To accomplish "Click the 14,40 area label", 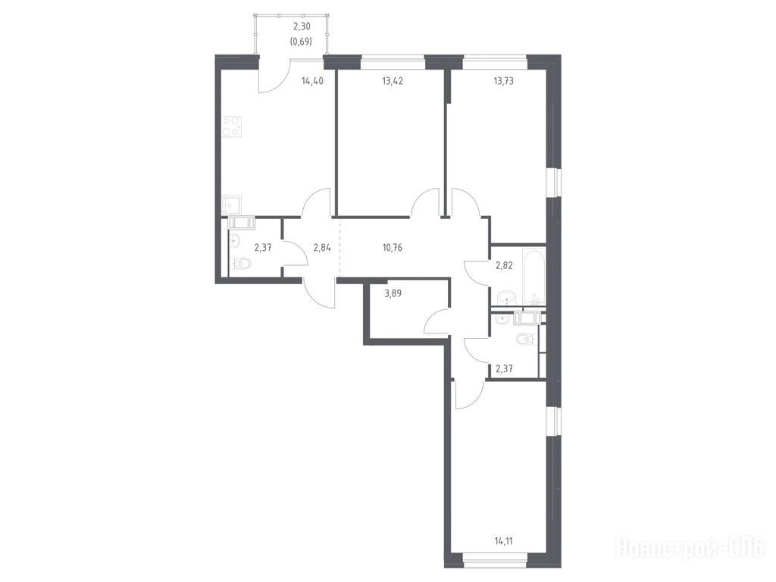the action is pos(312,81).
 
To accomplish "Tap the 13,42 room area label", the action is pos(392,81).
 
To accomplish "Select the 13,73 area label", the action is pos(503,81).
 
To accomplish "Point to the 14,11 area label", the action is pos(503,541).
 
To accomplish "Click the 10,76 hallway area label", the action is pos(392,248).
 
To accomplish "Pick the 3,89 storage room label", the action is pos(393,293).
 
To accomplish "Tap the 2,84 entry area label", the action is pos(322,248).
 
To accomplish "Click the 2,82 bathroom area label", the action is pos(504,265).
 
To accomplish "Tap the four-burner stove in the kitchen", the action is pos(232,126).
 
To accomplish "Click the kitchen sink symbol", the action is pos(231,205).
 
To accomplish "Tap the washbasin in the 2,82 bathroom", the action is pos(505,297).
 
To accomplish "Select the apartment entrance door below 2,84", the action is pos(319,296).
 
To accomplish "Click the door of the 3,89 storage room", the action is pos(436,321).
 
